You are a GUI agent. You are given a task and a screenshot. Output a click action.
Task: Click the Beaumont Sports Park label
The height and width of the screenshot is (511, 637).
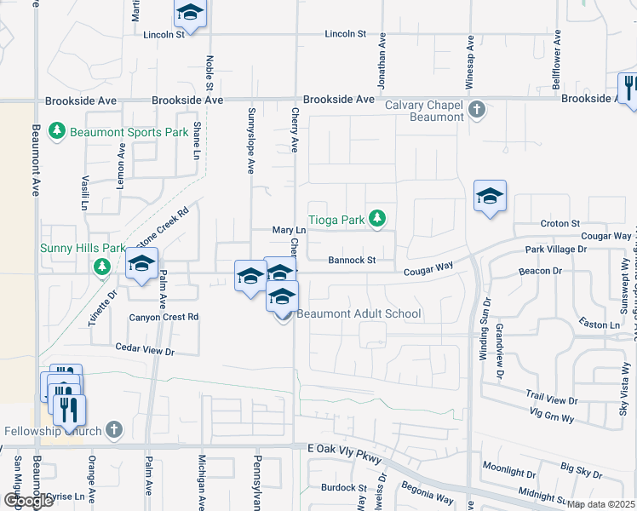[129, 132]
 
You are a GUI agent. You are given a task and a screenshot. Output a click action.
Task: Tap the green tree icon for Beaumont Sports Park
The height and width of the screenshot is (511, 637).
[57, 132]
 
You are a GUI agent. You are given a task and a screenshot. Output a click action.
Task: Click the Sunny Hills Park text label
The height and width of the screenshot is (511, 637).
[83, 248]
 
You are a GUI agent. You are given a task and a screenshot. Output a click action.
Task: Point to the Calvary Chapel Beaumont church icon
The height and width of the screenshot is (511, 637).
[477, 110]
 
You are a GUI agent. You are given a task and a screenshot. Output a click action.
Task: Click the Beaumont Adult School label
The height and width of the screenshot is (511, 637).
[359, 313]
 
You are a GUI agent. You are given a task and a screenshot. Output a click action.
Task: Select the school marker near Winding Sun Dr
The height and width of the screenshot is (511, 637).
[490, 196]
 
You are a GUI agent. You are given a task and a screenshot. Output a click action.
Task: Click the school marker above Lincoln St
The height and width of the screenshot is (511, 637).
[190, 13]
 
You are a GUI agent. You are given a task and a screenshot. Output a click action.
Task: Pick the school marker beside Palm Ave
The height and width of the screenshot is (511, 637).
[142, 264]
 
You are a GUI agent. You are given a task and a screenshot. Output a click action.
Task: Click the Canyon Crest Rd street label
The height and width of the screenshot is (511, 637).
[164, 317]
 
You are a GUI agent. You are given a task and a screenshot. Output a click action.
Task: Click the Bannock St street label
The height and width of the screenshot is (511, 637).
[353, 261]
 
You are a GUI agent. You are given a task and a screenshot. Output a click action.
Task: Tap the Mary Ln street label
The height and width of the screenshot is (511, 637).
[288, 230]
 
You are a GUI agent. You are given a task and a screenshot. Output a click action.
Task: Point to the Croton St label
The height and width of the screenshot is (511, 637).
[560, 223]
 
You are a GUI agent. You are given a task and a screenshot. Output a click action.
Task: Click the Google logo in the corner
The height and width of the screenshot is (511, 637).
[28, 501]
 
